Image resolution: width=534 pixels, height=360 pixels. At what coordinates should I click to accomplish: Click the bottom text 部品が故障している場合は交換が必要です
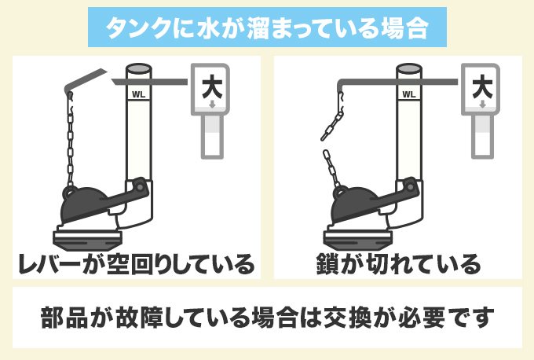click(267, 320)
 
